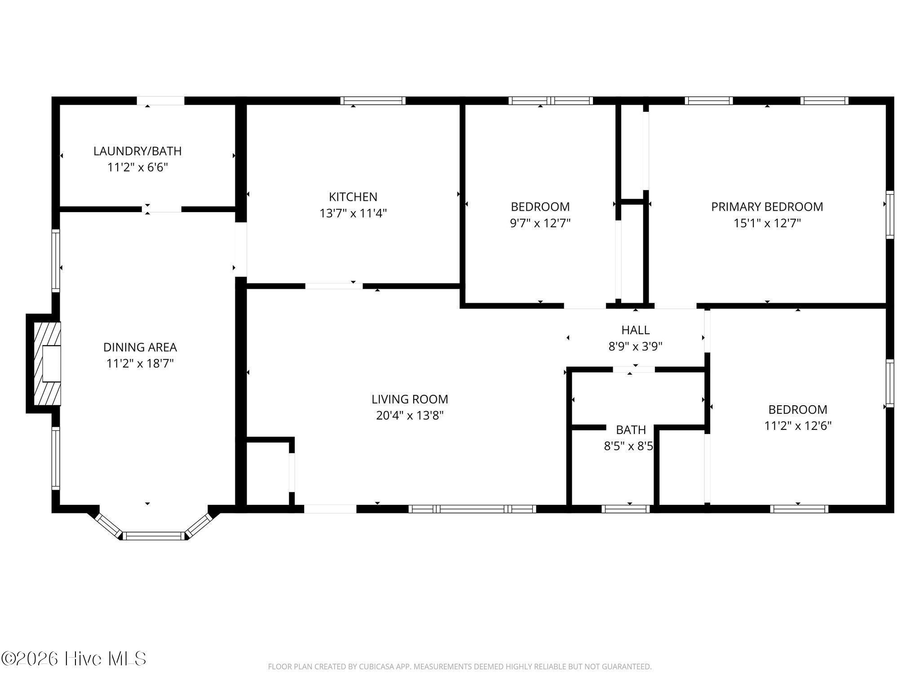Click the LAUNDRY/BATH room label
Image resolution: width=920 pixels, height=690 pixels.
pos(137,151)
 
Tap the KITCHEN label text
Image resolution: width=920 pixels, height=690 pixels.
pos(353,197)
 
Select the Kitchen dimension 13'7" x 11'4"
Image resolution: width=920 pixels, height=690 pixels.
pos(353,213)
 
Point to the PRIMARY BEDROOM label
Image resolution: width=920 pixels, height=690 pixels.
pos(767,207)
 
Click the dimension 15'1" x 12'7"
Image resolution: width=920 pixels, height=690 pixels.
pos(767,223)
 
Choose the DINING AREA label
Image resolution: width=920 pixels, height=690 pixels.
pos(140,347)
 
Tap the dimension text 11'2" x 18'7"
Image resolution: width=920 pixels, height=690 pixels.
pos(140,363)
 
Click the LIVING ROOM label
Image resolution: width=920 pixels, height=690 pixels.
pos(410,399)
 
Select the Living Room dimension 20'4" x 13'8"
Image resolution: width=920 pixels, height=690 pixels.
pos(410,416)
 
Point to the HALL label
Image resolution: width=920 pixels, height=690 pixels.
pos(635,330)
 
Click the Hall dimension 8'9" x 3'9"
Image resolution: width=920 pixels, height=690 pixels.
pos(635,346)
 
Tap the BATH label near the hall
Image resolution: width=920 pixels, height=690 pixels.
pos(631,430)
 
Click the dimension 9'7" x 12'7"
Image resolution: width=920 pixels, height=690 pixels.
pos(540,223)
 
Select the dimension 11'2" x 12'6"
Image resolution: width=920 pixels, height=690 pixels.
pos(798,425)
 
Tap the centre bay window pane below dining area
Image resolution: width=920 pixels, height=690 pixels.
pos(154,535)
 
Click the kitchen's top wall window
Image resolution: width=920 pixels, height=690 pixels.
pos(373,101)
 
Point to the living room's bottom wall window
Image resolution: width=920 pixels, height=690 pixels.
pos(472,509)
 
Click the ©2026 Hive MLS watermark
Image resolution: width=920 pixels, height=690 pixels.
pos(74,659)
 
